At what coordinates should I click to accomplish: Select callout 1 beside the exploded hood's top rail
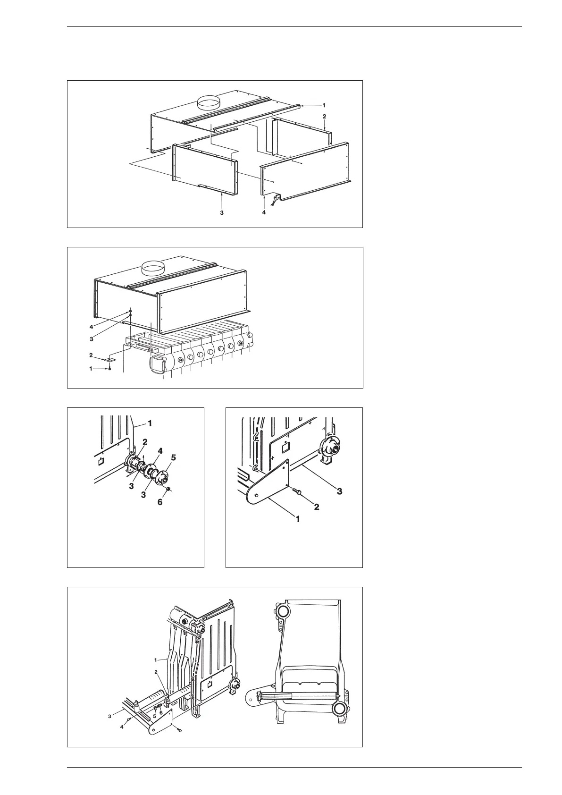pos(324,105)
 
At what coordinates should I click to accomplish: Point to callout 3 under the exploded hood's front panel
pos(221,212)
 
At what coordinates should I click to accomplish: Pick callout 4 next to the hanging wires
pos(264,212)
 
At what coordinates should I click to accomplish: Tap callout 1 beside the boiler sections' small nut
pos(91,369)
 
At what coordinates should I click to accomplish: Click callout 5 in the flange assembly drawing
pos(173,457)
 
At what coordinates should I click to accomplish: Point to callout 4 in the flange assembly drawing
pos(160,451)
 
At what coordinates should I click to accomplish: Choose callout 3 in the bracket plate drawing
pos(339,491)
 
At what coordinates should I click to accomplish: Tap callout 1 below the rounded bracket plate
pos(298,518)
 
